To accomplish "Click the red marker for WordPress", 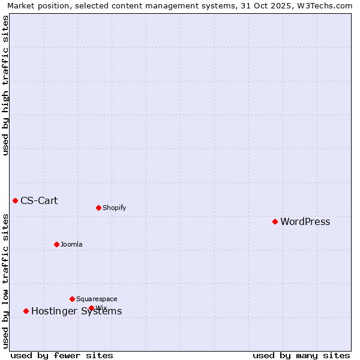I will (275, 221).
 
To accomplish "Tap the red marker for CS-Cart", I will (15, 200).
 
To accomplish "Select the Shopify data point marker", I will (98, 208).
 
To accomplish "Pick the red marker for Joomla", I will (56, 244).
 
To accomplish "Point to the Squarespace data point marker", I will (72, 299).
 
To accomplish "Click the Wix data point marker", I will (91, 308).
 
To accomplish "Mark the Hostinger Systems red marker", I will (26, 311).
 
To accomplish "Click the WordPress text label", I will (305, 222).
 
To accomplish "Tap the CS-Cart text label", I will (39, 201).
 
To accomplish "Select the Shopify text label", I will (114, 208).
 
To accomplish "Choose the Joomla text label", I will (71, 245).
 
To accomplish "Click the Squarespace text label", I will (97, 299).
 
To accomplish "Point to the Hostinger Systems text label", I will (76, 311).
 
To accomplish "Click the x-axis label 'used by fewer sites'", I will (62, 356).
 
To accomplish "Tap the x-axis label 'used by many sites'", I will (301, 356).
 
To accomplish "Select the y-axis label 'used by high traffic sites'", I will (6, 85).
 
